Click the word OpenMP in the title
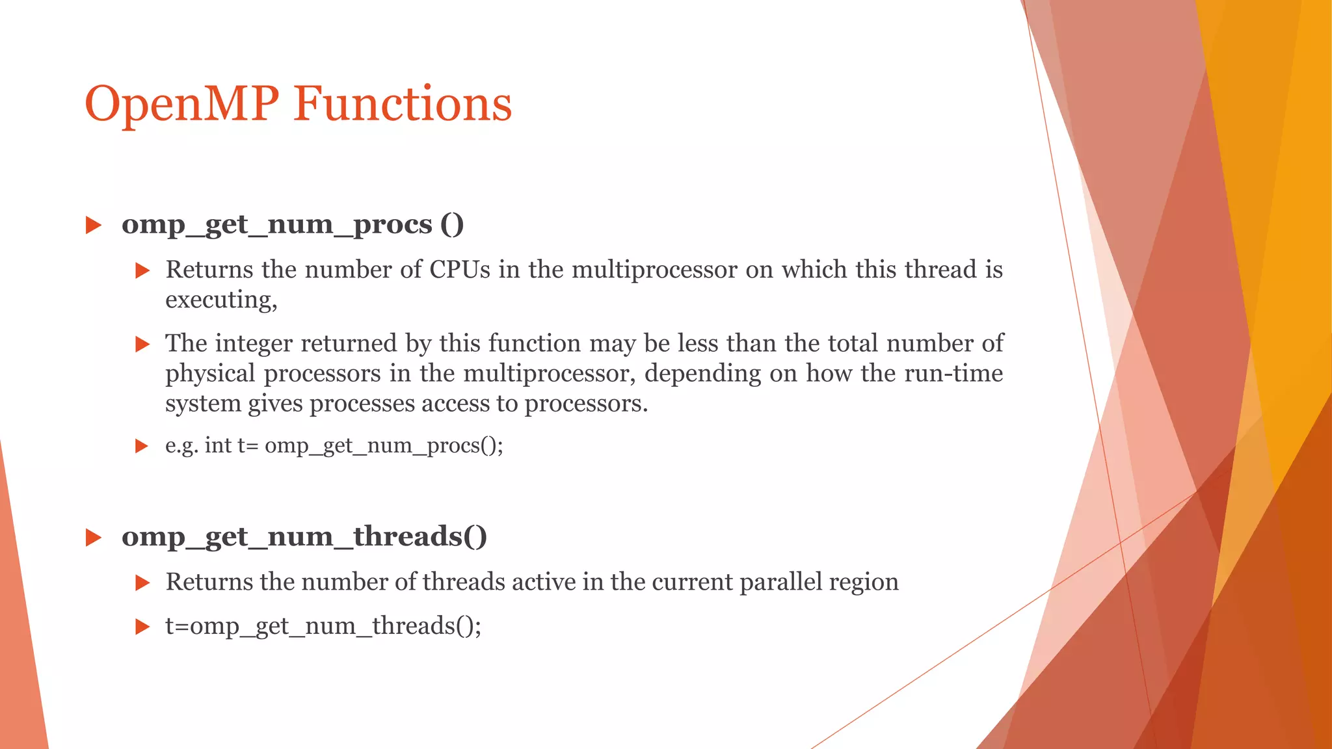(182, 104)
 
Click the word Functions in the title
(403, 104)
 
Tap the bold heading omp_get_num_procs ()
(293, 225)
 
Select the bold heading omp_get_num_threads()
(304, 537)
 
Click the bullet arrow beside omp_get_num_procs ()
(94, 226)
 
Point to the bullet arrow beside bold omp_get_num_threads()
(94, 538)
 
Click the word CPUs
(460, 270)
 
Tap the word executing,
(221, 300)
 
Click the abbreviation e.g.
(181, 446)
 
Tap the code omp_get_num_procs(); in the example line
(384, 446)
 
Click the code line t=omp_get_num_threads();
(323, 626)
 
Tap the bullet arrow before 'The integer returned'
(142, 344)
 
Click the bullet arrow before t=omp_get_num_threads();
(142, 627)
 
